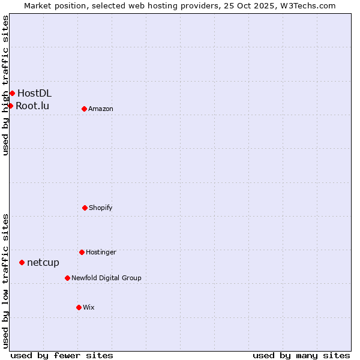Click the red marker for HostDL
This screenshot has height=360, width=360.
(x=12, y=93)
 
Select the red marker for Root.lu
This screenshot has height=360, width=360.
(x=10, y=106)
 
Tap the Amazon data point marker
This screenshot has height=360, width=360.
(x=84, y=109)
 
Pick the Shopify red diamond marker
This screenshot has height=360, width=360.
(x=85, y=208)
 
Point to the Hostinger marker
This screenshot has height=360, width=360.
(x=82, y=252)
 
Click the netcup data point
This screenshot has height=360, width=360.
(x=22, y=262)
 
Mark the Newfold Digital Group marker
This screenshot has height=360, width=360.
(x=67, y=278)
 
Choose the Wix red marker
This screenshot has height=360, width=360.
(x=79, y=307)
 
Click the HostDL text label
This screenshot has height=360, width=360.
(x=34, y=93)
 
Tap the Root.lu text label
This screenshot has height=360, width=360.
(x=32, y=106)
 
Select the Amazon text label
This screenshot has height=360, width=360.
(x=101, y=109)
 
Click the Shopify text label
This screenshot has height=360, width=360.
(x=101, y=208)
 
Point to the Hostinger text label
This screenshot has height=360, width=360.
(x=101, y=252)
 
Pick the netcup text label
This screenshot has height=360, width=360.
(x=43, y=262)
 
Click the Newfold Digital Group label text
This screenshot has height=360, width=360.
(x=106, y=278)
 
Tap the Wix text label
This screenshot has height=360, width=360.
(x=89, y=307)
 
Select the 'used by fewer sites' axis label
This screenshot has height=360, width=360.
(x=62, y=355)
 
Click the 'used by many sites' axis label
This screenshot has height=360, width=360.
(x=301, y=355)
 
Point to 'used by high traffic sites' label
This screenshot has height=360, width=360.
(x=5, y=85)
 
